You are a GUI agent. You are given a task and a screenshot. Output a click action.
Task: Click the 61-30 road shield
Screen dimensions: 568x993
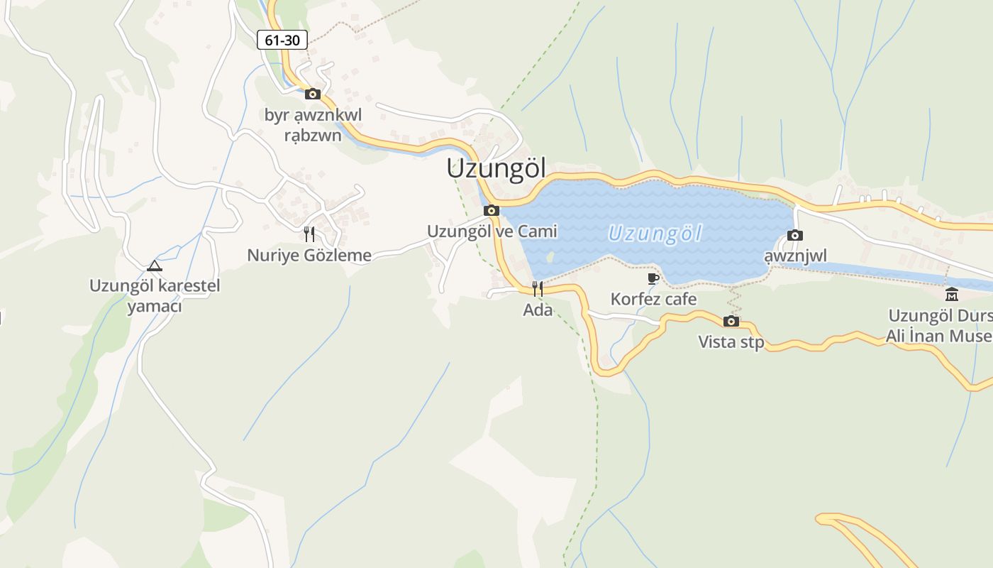(x=282, y=40)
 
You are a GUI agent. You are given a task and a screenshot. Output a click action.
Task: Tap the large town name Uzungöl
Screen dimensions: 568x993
(x=496, y=168)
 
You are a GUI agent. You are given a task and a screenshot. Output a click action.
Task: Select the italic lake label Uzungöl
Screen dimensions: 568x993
(x=655, y=234)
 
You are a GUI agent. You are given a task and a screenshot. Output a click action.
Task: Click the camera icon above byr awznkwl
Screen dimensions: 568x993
(x=313, y=94)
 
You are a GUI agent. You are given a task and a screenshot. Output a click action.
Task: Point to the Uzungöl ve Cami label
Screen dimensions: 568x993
(x=492, y=231)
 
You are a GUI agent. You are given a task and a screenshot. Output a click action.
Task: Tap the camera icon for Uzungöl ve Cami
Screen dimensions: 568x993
(x=492, y=210)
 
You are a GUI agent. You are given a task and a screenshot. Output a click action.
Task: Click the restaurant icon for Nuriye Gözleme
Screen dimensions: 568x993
(x=309, y=234)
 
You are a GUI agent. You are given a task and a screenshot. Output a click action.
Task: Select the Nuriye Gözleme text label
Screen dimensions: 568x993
(x=309, y=256)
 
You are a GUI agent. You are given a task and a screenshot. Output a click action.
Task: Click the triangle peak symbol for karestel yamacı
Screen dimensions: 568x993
(x=154, y=266)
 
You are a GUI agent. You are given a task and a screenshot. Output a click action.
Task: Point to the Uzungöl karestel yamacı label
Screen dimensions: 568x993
(x=155, y=296)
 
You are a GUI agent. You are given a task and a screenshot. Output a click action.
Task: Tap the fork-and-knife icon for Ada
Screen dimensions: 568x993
(x=538, y=288)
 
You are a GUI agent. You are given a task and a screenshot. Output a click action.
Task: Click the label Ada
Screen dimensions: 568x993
(x=538, y=310)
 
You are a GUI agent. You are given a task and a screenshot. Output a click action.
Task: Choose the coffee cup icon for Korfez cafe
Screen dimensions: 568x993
(x=653, y=278)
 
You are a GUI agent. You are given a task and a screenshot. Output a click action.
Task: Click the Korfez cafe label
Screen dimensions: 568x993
(x=653, y=300)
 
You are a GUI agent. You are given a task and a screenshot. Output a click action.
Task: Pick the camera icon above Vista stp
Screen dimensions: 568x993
(x=731, y=321)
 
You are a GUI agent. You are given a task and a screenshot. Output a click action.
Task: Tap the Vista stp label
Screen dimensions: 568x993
(x=731, y=342)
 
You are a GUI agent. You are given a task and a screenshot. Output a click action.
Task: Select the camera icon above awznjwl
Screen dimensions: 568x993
(x=795, y=235)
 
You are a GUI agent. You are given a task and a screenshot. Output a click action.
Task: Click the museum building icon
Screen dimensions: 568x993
(x=952, y=294)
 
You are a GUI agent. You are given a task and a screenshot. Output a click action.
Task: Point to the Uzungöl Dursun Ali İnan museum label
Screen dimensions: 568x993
(x=940, y=326)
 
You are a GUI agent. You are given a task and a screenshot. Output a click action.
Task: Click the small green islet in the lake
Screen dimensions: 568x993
(x=550, y=256)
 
